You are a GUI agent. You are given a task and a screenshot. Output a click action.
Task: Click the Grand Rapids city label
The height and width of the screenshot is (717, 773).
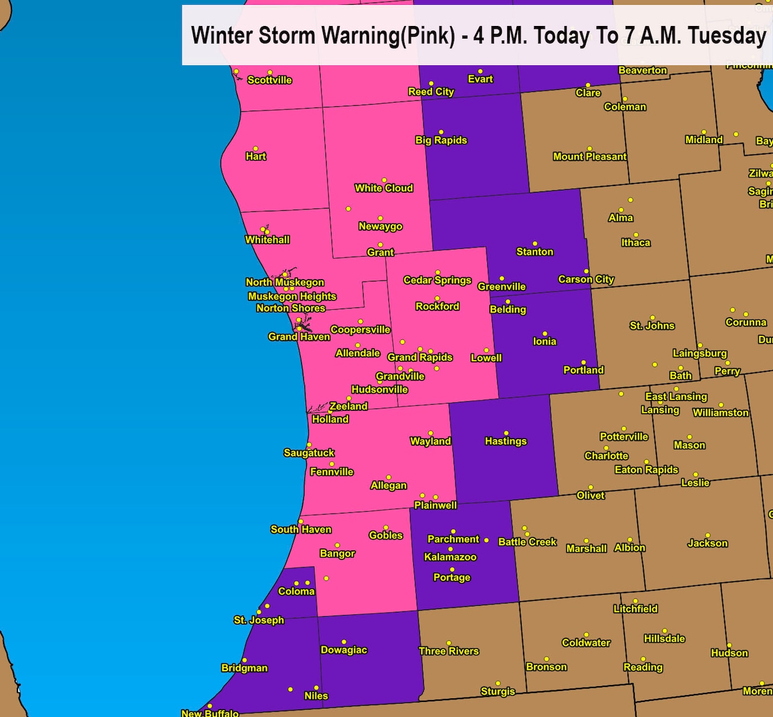point(420,358)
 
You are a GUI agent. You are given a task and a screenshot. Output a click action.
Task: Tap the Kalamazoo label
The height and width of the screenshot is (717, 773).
point(450,557)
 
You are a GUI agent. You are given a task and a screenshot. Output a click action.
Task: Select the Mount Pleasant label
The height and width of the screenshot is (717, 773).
point(589,157)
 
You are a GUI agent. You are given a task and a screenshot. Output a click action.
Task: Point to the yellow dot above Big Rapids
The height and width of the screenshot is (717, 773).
point(441,132)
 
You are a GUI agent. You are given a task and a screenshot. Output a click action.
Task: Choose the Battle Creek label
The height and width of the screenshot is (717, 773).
point(527,542)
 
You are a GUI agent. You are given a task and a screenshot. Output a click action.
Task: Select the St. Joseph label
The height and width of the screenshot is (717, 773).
point(258,620)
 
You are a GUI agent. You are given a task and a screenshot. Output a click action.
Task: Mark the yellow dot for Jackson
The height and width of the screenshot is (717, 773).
point(707,536)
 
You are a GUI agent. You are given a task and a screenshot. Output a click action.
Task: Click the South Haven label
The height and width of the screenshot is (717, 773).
point(301,530)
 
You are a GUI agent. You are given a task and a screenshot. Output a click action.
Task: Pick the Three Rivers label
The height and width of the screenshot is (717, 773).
point(449,651)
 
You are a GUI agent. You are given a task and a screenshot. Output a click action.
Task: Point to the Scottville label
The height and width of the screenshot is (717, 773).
point(269,80)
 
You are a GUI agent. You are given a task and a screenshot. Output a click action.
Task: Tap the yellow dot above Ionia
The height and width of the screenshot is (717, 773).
point(545,333)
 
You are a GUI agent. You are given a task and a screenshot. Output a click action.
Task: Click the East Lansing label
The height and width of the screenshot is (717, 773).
point(676,397)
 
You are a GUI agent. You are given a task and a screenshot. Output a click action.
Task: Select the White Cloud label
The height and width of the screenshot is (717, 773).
point(383,188)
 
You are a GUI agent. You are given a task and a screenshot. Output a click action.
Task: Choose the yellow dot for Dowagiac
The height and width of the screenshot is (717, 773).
point(344,642)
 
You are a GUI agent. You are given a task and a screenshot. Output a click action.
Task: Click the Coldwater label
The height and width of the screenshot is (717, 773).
point(586,643)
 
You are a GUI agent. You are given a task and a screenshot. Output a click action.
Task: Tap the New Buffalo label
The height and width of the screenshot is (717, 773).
point(210,713)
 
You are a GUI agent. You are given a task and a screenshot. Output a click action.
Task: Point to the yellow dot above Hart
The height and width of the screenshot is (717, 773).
point(255,149)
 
